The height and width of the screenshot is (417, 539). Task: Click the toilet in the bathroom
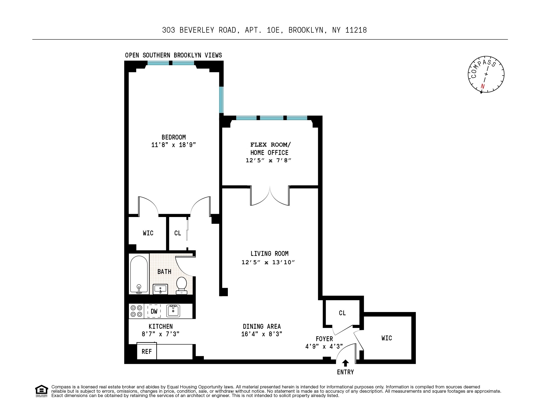181,285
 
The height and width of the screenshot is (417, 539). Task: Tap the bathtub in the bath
139,275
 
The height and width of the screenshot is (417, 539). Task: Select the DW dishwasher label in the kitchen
154,311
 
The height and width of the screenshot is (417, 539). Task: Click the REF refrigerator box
147,351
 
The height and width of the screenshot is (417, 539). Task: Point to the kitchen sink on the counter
173,311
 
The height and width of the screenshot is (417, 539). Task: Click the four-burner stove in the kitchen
136,311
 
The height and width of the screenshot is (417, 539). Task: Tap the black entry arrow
346,363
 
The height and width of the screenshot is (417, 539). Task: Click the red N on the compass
482,87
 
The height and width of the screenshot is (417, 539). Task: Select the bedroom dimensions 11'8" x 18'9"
173,145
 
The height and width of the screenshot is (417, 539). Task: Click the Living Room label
269,253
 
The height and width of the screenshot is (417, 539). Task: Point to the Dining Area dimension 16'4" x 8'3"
262,334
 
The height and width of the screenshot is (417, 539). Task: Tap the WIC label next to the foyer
386,338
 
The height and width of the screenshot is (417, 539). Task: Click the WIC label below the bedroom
148,233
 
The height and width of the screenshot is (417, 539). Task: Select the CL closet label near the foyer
342,313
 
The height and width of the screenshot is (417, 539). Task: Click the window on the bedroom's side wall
221,100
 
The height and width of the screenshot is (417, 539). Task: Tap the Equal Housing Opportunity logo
42,391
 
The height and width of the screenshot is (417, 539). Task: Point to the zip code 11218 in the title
356,30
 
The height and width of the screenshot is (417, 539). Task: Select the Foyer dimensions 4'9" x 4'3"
324,346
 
